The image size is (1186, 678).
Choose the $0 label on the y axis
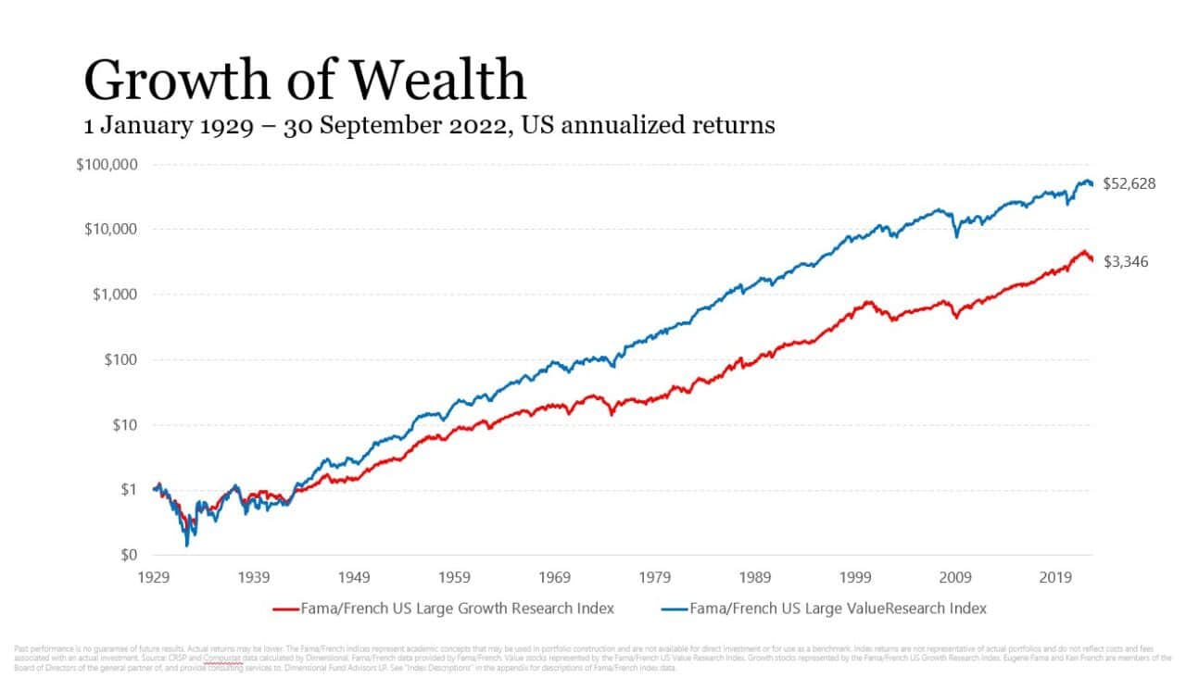(x=131, y=555)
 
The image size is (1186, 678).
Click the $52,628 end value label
(x=1129, y=183)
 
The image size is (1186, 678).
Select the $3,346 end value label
(x=1126, y=262)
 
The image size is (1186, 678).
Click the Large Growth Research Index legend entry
(x=457, y=609)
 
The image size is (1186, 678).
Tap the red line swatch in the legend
(x=284, y=609)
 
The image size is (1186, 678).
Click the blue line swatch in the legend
(x=675, y=609)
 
